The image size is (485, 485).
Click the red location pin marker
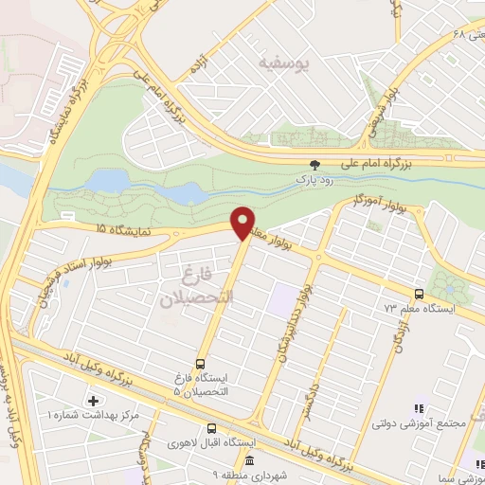pyautogui.click(x=242, y=223)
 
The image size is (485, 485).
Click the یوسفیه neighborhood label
pyautogui.click(x=283, y=62)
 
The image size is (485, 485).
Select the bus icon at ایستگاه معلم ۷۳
pyautogui.click(x=421, y=294)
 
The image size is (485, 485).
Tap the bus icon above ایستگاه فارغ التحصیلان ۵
pyautogui.click(x=200, y=363)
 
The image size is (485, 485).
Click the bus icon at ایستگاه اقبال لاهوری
pyautogui.click(x=212, y=427)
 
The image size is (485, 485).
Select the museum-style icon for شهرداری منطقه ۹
pyautogui.click(x=249, y=461)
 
